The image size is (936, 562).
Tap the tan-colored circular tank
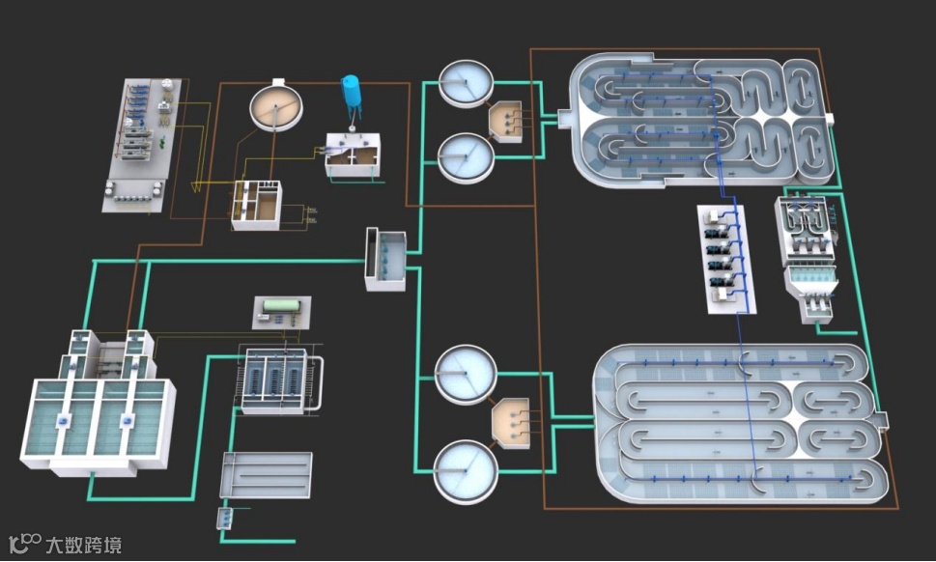coord(276,107)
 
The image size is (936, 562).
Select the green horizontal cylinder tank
coord(282,305)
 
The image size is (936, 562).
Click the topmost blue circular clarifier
coord(467,83)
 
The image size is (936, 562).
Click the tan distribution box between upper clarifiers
coord(505,121)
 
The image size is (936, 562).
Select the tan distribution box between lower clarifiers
coord(511,423)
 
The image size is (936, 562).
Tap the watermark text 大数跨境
coord(84,545)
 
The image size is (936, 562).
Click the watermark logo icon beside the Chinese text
coord(25,544)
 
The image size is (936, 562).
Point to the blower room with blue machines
coord(726,259)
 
